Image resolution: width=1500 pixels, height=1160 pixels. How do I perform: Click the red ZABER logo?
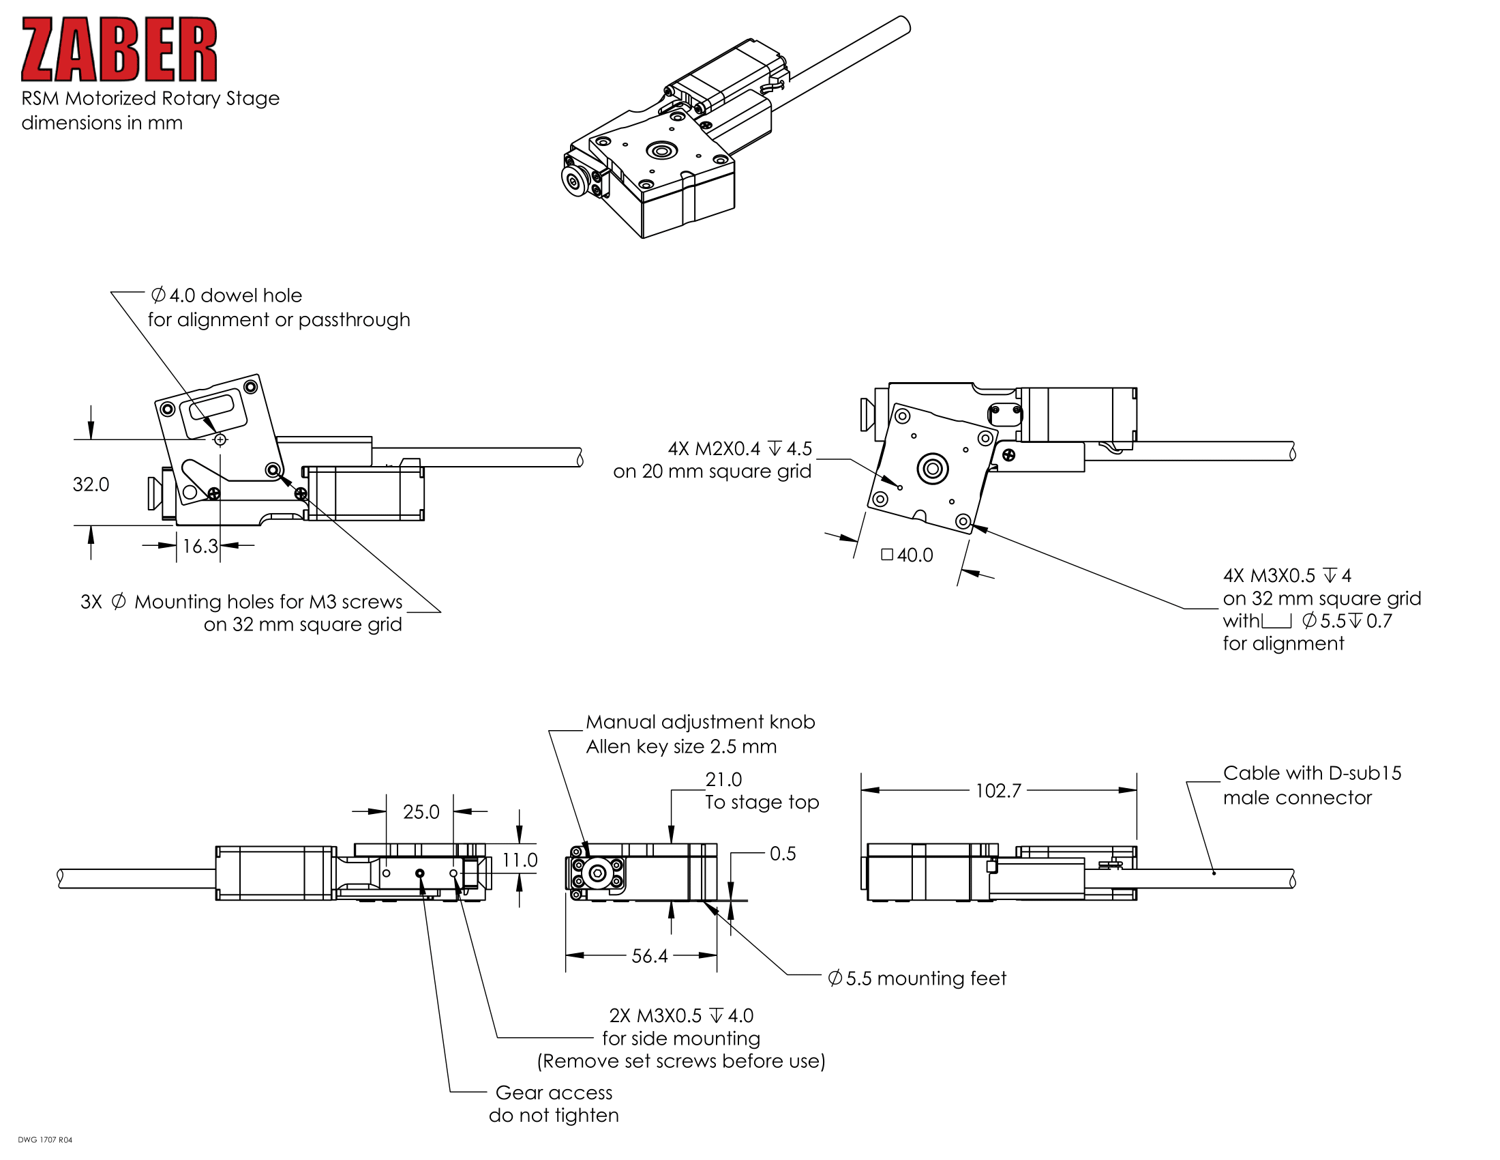click(x=119, y=50)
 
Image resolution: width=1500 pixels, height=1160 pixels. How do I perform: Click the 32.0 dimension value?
click(x=91, y=484)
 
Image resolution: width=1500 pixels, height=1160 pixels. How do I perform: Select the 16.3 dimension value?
click(x=200, y=547)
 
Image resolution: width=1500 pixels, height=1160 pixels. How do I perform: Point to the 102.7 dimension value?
click(x=998, y=791)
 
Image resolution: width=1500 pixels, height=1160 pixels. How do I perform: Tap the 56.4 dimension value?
click(x=649, y=956)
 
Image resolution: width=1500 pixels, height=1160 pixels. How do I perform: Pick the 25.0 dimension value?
click(x=420, y=812)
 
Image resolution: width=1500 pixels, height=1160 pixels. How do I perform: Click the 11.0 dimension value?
click(x=520, y=860)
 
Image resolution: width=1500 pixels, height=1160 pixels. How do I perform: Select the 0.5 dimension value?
click(x=782, y=854)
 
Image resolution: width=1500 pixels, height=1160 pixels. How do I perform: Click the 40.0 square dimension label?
click(x=908, y=555)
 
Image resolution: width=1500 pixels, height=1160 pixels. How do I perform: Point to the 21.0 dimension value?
click(x=723, y=779)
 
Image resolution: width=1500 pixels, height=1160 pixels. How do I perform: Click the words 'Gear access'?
click(x=554, y=1092)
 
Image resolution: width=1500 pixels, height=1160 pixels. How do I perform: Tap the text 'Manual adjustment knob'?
click(x=700, y=722)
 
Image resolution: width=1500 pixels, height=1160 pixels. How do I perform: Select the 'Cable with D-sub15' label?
click(x=1312, y=773)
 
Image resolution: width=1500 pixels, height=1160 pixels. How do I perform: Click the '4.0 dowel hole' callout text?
click(x=226, y=295)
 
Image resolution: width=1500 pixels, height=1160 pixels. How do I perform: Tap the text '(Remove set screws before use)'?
click(x=680, y=1061)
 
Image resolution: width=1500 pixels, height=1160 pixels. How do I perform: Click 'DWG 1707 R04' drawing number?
click(x=44, y=1140)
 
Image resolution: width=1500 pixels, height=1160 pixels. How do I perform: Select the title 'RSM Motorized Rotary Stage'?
click(x=151, y=98)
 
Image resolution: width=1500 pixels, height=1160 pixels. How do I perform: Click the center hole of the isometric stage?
click(x=662, y=151)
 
